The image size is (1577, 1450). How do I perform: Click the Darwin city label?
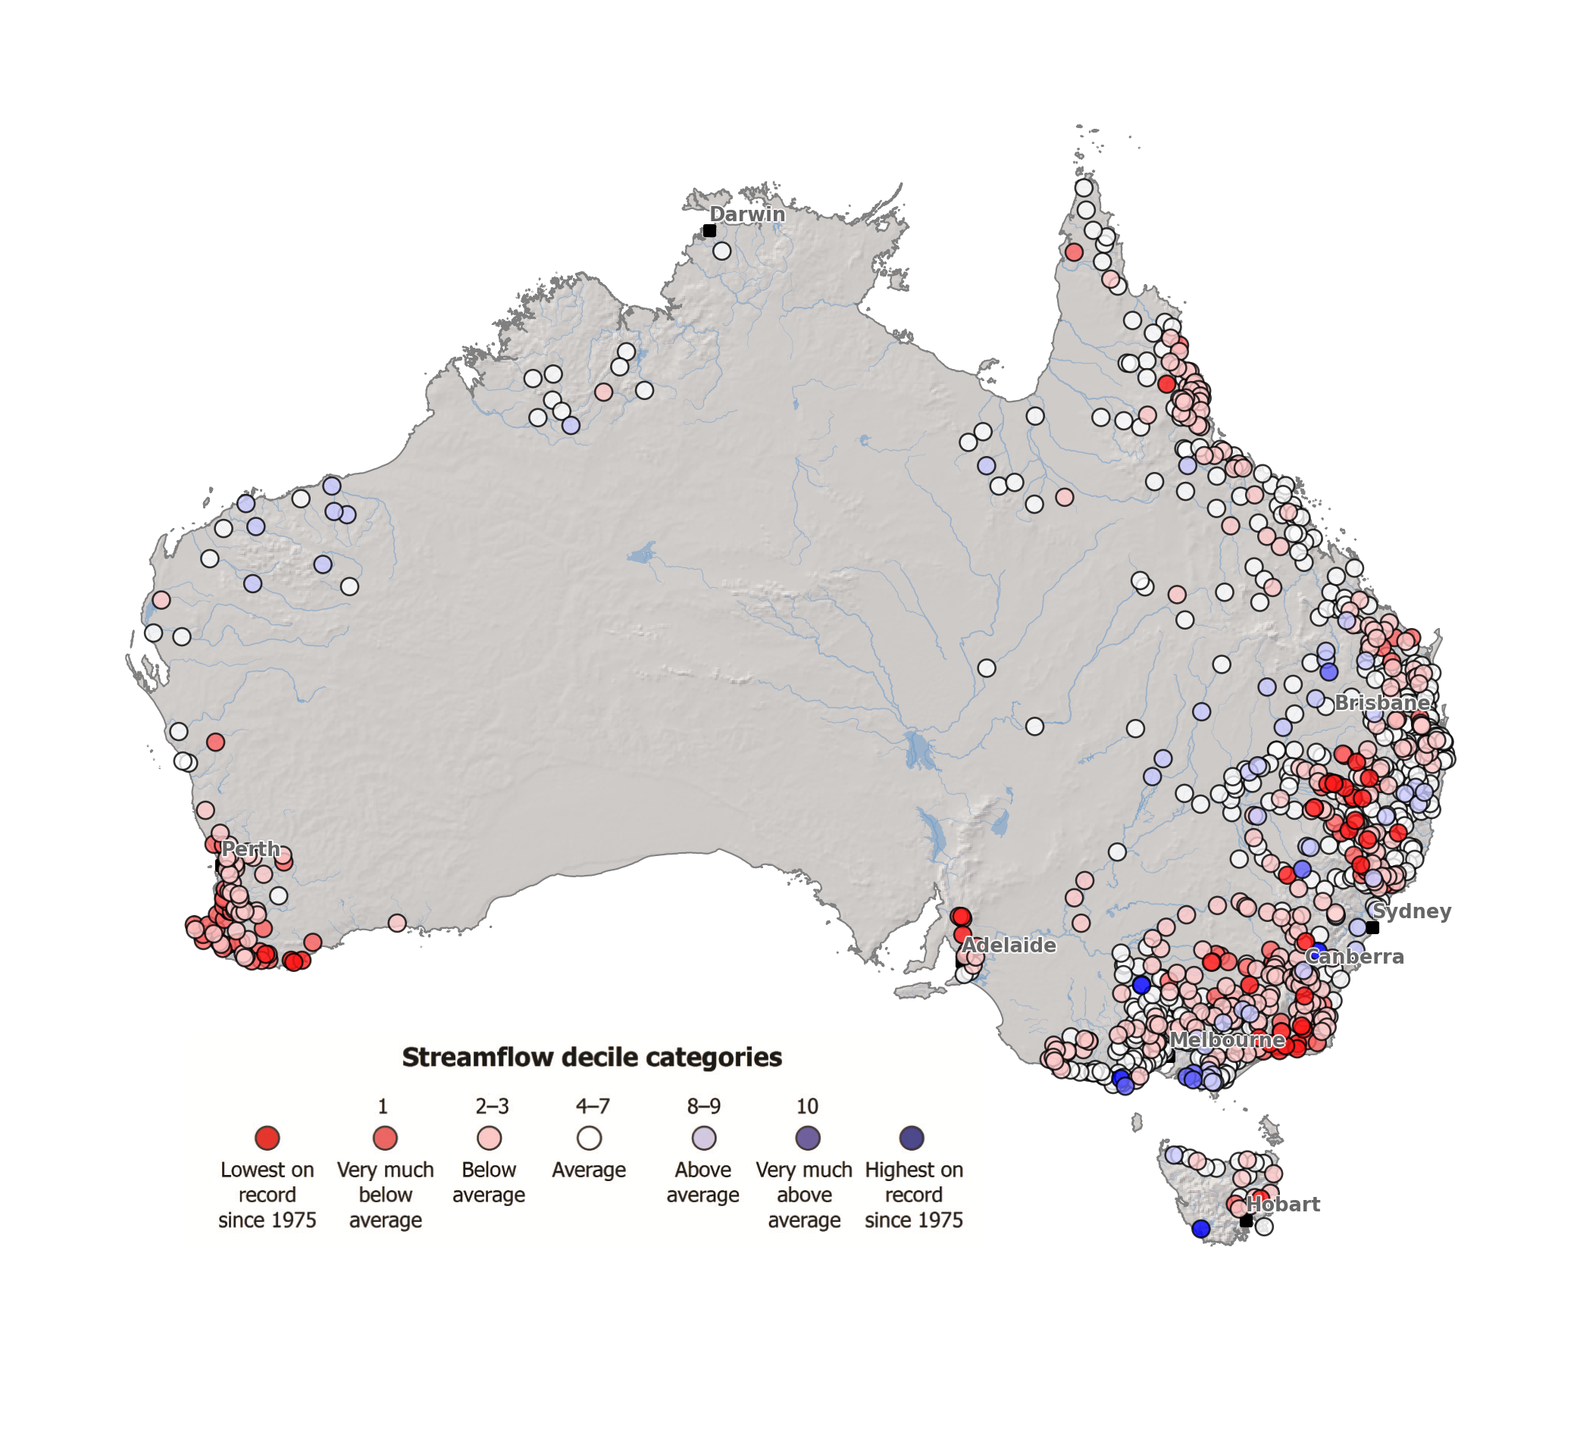pos(746,214)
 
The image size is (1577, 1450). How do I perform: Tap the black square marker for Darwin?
pos(709,230)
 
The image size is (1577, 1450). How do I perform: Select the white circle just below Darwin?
pos(722,251)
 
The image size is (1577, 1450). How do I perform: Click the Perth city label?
pos(250,849)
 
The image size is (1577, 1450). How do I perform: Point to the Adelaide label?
pos(1009,945)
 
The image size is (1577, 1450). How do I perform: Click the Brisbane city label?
pos(1381,702)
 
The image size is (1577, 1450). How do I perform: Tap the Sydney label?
pos(1411,911)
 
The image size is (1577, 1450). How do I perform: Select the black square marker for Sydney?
pos(1373,927)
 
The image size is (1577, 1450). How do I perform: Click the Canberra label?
pos(1355,957)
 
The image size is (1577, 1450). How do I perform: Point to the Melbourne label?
pos(1228,1039)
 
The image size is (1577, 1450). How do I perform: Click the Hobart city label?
pos(1284,1204)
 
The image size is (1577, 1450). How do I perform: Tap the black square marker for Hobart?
pos(1247,1221)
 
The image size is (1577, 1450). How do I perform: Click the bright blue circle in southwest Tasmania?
pos(1201,1229)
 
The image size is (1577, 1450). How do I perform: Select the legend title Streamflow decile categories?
pos(592,1057)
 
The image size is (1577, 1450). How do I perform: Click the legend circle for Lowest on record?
pos(267,1138)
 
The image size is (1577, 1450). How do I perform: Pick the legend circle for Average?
pos(590,1138)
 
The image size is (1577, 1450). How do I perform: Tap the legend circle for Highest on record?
pos(912,1138)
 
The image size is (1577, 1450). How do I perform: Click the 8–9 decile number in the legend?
pos(703,1106)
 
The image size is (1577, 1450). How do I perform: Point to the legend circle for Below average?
pos(489,1138)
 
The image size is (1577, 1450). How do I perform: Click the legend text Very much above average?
pos(804,1194)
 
